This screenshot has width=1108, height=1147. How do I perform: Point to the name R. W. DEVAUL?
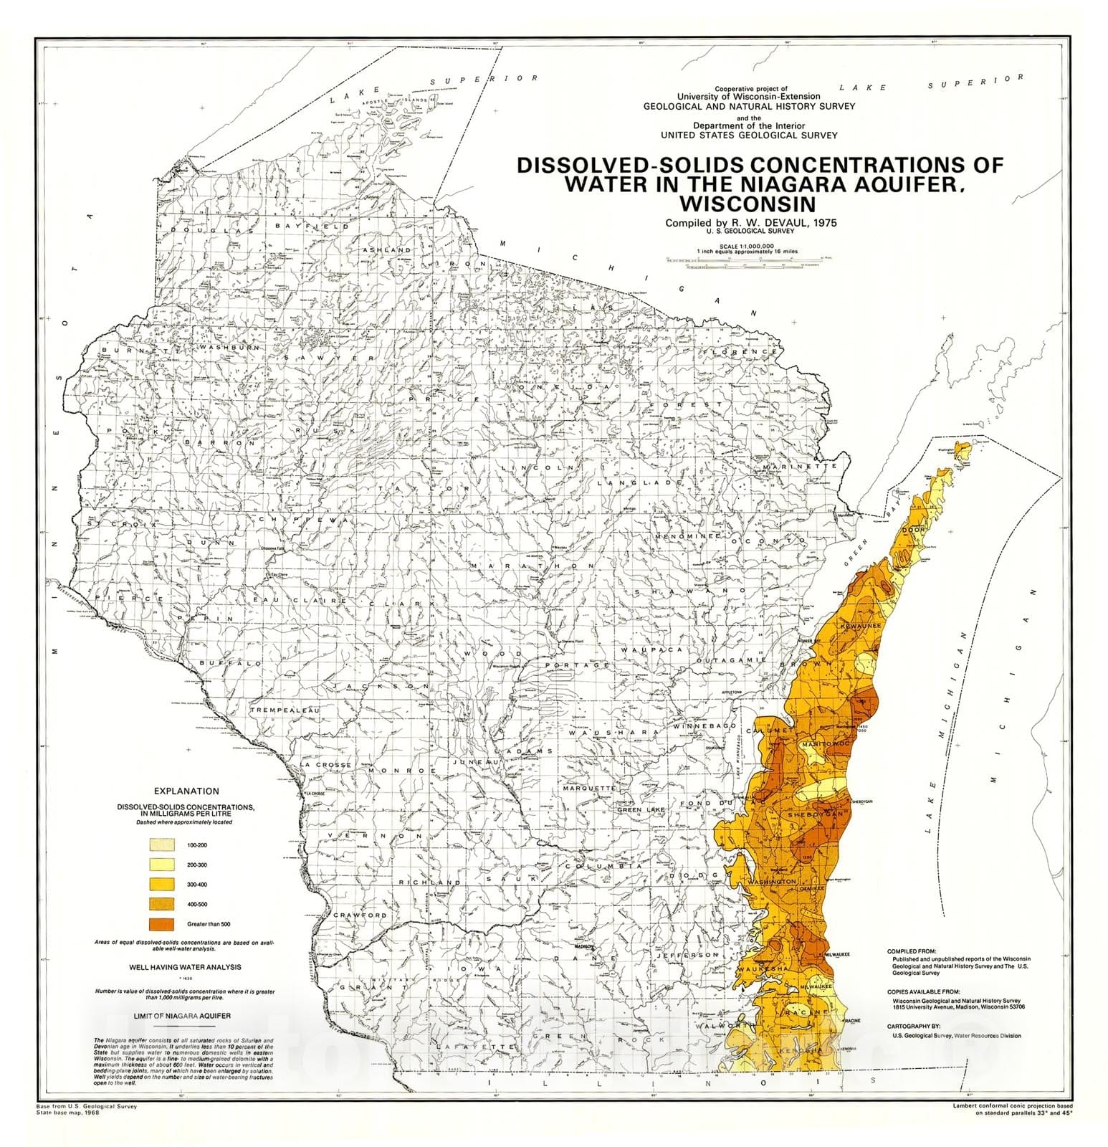[x=763, y=222]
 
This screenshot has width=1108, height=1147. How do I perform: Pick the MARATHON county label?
[x=532, y=566]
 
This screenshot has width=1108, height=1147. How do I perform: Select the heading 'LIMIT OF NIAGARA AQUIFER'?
[x=182, y=1016]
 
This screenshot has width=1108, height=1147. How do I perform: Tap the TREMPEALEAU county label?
[x=284, y=710]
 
